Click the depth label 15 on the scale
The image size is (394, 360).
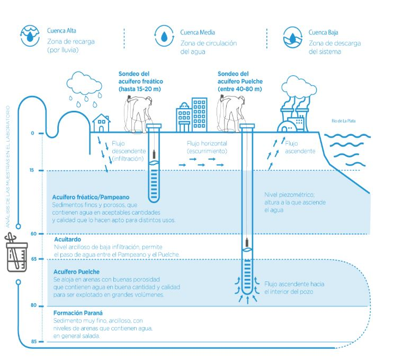click(x=32, y=170)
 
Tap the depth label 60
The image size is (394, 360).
click(x=32, y=233)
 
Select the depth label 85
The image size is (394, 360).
click(x=33, y=342)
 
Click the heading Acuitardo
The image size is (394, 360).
click(x=67, y=240)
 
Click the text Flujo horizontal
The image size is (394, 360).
click(x=207, y=144)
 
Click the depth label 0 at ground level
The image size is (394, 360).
click(x=33, y=133)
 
